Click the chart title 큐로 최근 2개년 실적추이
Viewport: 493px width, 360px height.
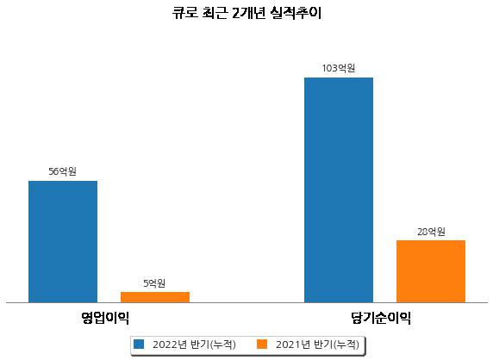(246, 13)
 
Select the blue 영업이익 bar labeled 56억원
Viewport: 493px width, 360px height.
(63, 241)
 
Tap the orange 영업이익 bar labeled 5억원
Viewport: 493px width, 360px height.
(155, 297)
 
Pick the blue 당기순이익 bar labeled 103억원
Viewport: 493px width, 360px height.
(339, 190)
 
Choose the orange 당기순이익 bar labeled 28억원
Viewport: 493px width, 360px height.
(431, 271)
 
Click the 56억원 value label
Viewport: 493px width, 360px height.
(63, 171)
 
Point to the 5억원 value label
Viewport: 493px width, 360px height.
(154, 283)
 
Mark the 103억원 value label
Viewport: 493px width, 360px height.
(339, 68)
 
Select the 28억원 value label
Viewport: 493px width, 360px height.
(431, 232)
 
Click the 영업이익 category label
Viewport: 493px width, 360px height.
(105, 318)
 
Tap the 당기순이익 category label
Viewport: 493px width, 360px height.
(381, 318)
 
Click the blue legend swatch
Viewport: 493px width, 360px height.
(139, 344)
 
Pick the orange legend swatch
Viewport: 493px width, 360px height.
(262, 344)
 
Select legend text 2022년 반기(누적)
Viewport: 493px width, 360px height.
(194, 344)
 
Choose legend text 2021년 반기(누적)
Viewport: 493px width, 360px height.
(317, 344)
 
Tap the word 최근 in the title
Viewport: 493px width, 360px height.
(215, 13)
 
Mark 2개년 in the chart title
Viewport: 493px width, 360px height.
(249, 13)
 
